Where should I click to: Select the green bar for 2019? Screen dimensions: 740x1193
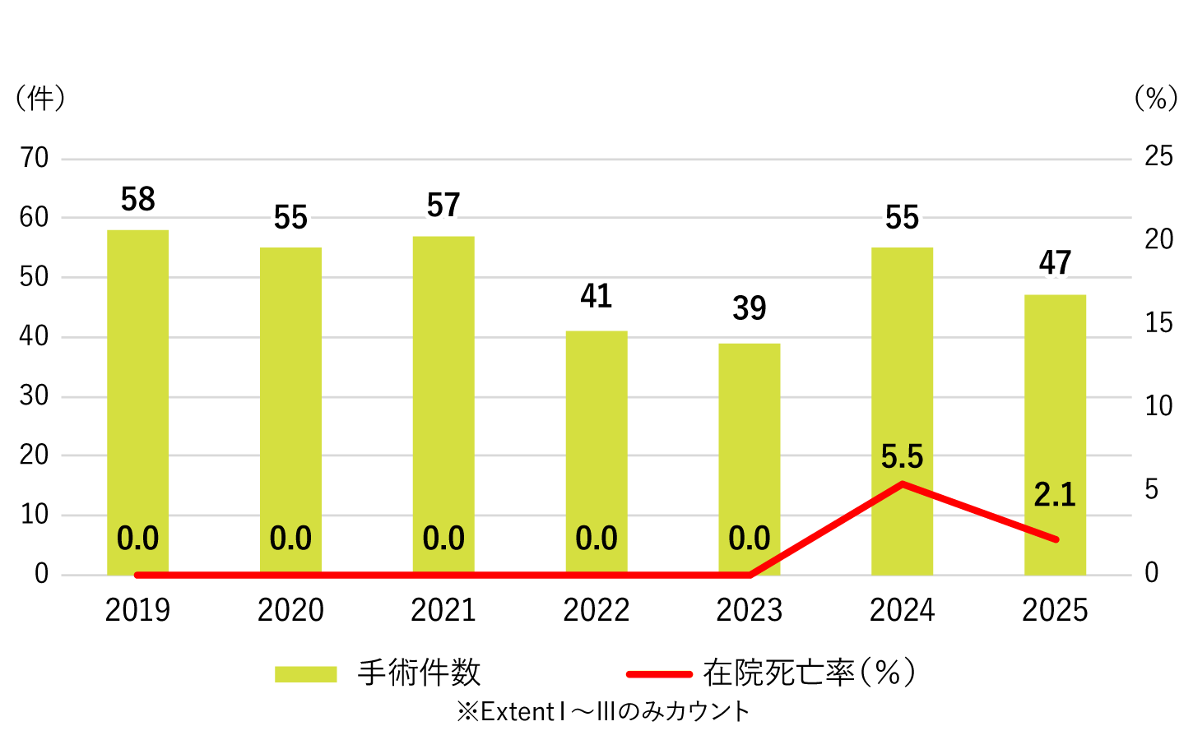point(137,395)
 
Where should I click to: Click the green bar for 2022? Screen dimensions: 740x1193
point(596,444)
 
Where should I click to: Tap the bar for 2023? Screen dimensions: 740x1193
point(749,452)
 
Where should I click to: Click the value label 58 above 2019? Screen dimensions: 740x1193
point(137,200)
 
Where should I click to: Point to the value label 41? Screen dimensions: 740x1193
point(596,296)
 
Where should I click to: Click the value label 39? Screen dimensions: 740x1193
point(749,308)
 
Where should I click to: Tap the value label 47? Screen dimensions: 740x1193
point(1055,263)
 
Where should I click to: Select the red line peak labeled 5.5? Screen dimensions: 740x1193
point(903,483)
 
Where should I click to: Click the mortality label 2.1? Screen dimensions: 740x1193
point(1055,495)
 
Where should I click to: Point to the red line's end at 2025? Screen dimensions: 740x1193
point(1056,539)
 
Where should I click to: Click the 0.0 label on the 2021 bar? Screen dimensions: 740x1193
point(443,539)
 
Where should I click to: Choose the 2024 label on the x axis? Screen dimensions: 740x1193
point(903,610)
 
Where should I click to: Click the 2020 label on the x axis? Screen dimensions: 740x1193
point(290,610)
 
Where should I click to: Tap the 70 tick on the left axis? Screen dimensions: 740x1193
point(35,158)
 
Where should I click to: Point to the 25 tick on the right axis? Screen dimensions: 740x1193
point(1158,156)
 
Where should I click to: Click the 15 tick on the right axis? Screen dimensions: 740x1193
point(1158,323)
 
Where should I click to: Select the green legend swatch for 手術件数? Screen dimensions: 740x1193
point(305,674)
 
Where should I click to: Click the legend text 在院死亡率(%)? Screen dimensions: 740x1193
point(809,673)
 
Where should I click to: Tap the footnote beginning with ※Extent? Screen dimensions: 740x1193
point(603,711)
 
